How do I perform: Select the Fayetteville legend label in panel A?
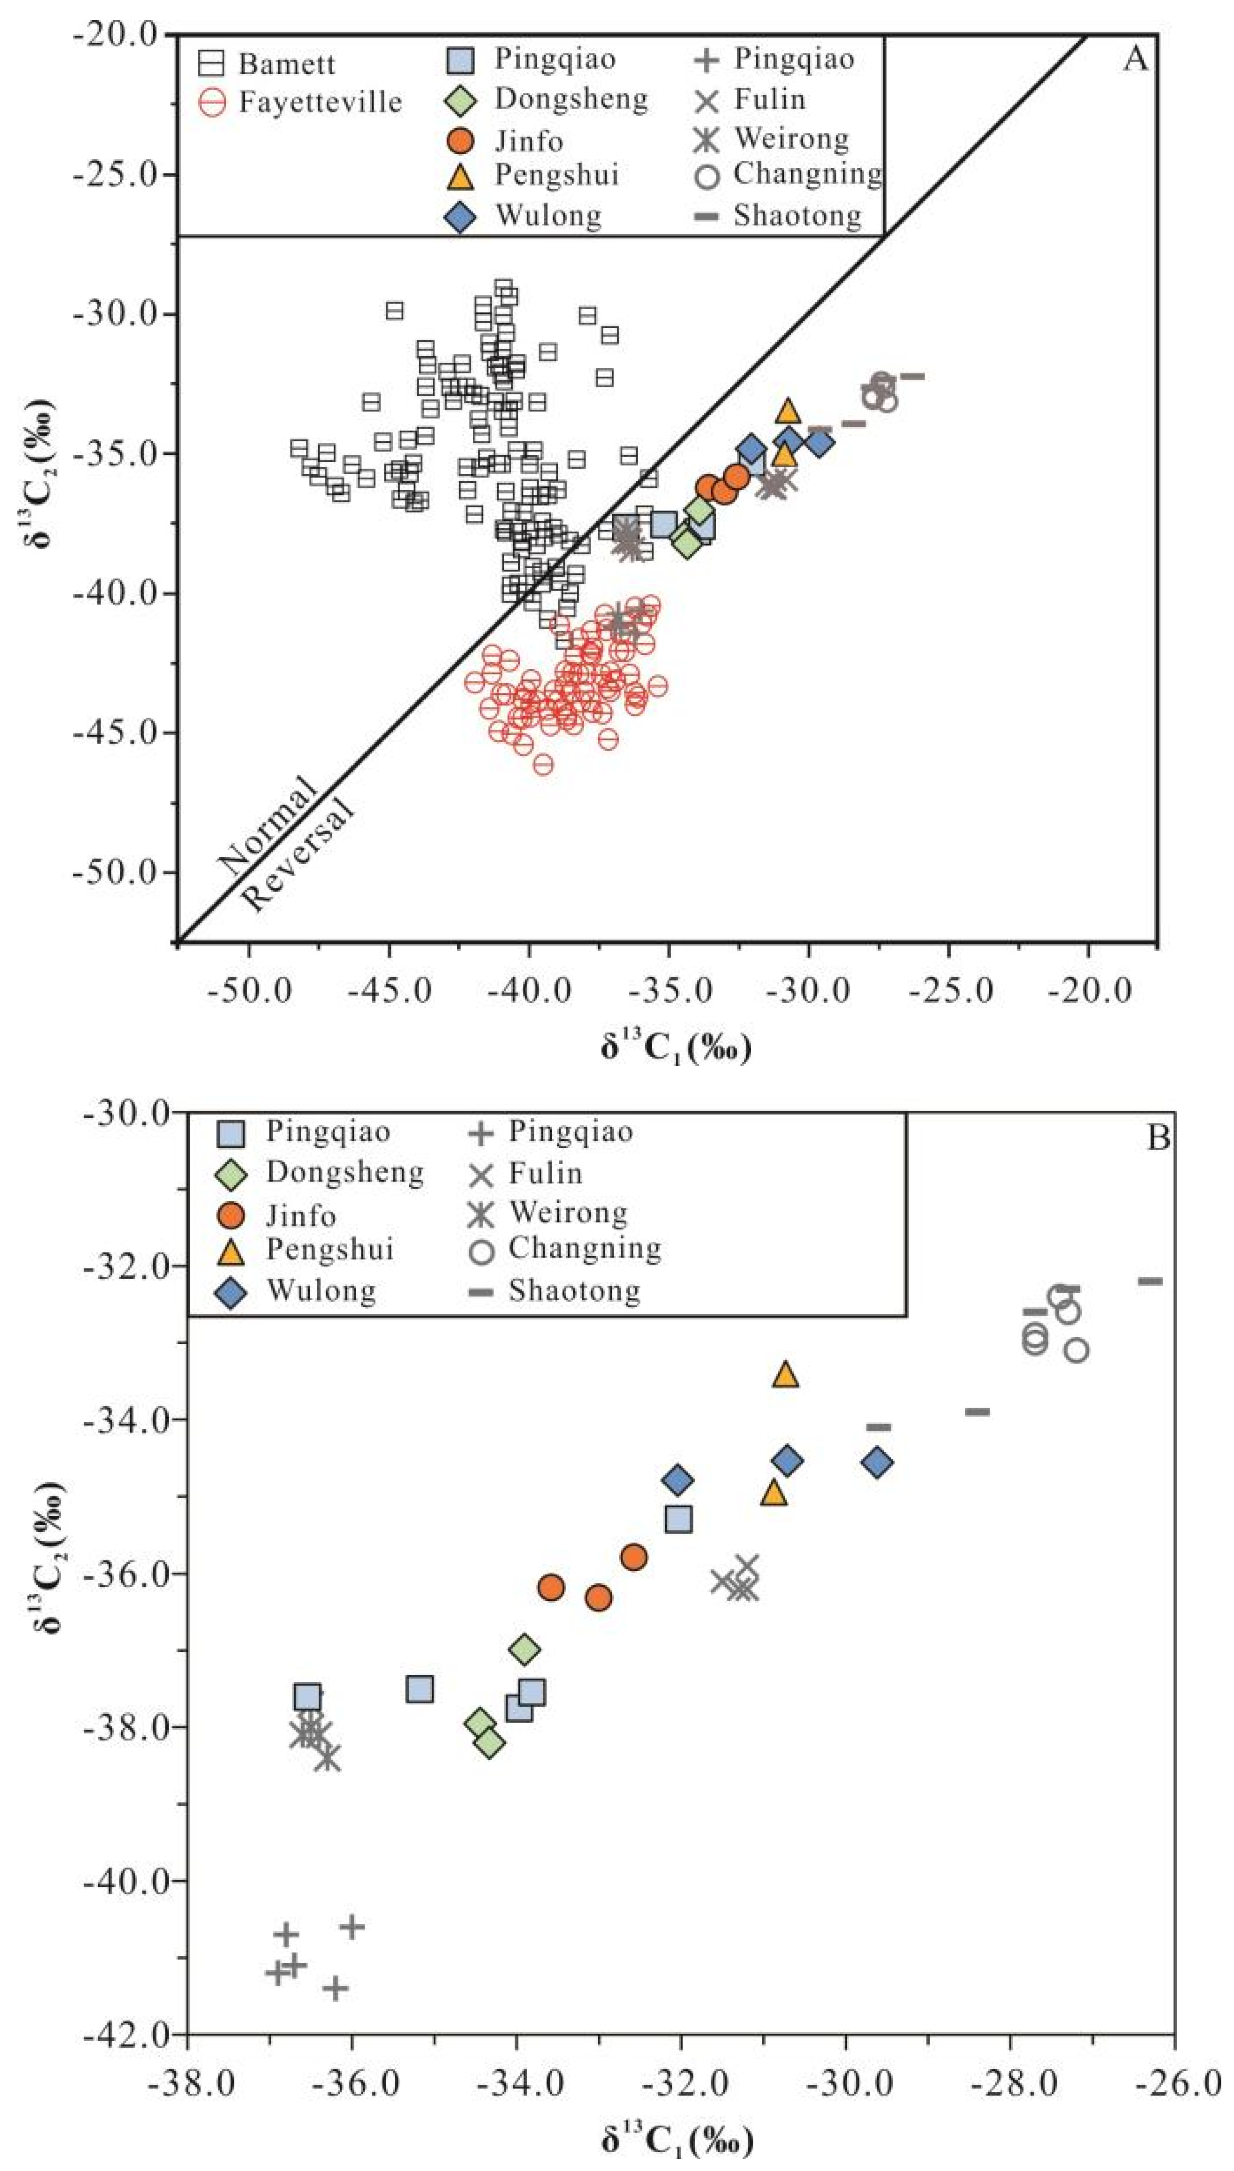point(320,102)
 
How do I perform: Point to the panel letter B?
point(1158,1137)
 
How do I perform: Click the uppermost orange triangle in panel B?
point(786,1375)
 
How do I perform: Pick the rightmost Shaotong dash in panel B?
point(1150,1281)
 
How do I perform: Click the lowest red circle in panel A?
point(543,764)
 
